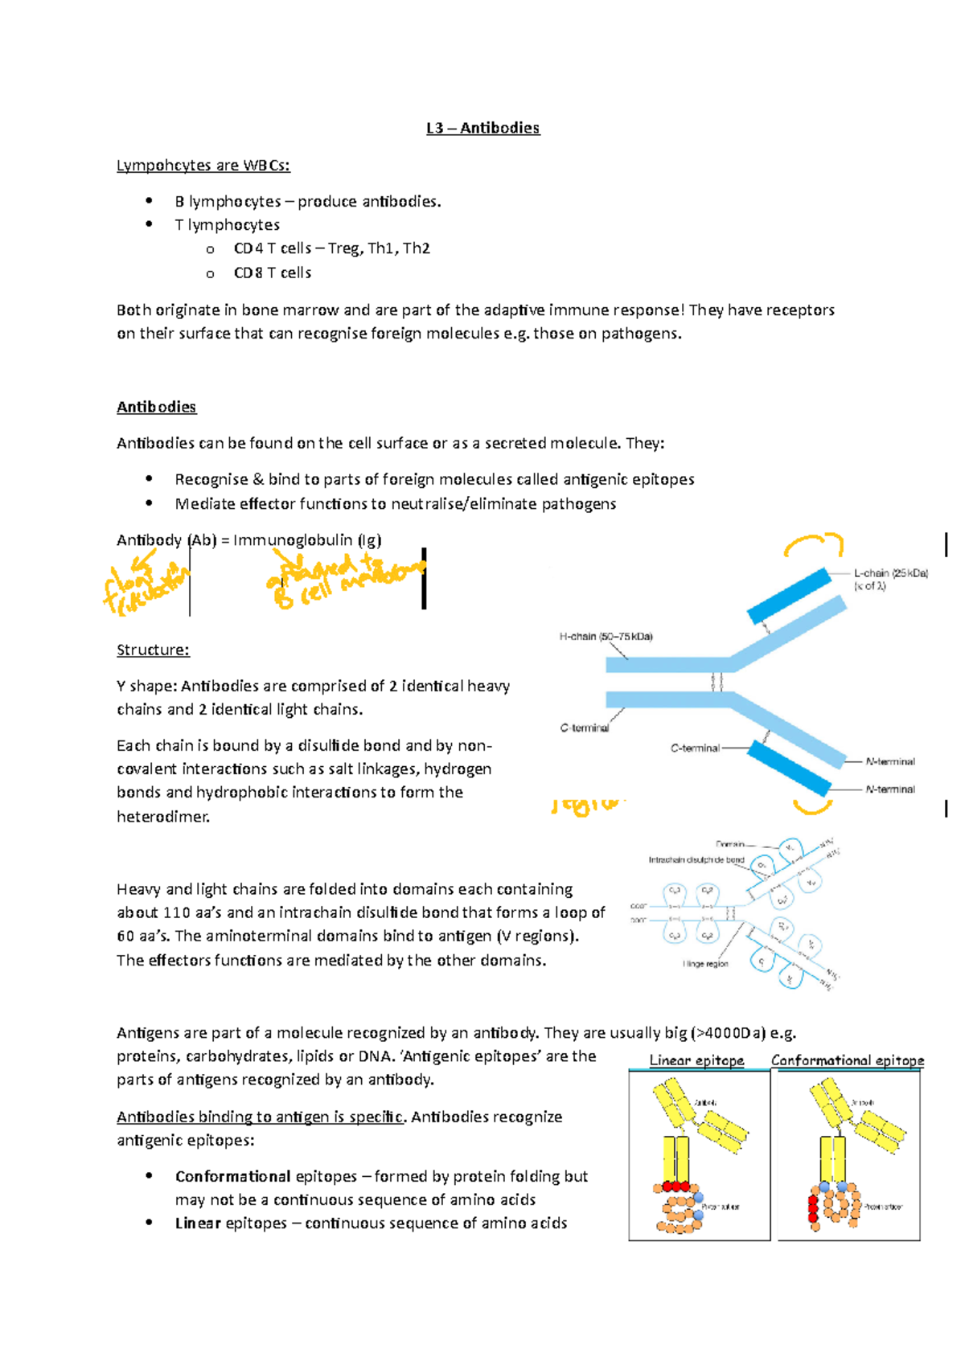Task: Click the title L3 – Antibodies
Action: (482, 128)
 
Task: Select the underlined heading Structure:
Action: (153, 650)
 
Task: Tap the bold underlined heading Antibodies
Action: (156, 407)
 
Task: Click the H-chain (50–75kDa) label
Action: (606, 636)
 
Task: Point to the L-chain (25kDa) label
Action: (890, 573)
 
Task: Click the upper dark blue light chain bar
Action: (789, 596)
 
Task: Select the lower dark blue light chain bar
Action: (789, 769)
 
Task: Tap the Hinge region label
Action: (705, 963)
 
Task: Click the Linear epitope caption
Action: (696, 1060)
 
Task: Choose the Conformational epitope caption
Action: (848, 1060)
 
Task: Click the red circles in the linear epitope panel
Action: (676, 1186)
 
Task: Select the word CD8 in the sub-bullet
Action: (248, 273)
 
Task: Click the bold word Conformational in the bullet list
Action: (232, 1176)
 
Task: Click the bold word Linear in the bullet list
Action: (198, 1223)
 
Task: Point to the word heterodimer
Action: (162, 816)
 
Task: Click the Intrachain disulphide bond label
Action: (696, 859)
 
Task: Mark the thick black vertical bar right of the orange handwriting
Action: (424, 579)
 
